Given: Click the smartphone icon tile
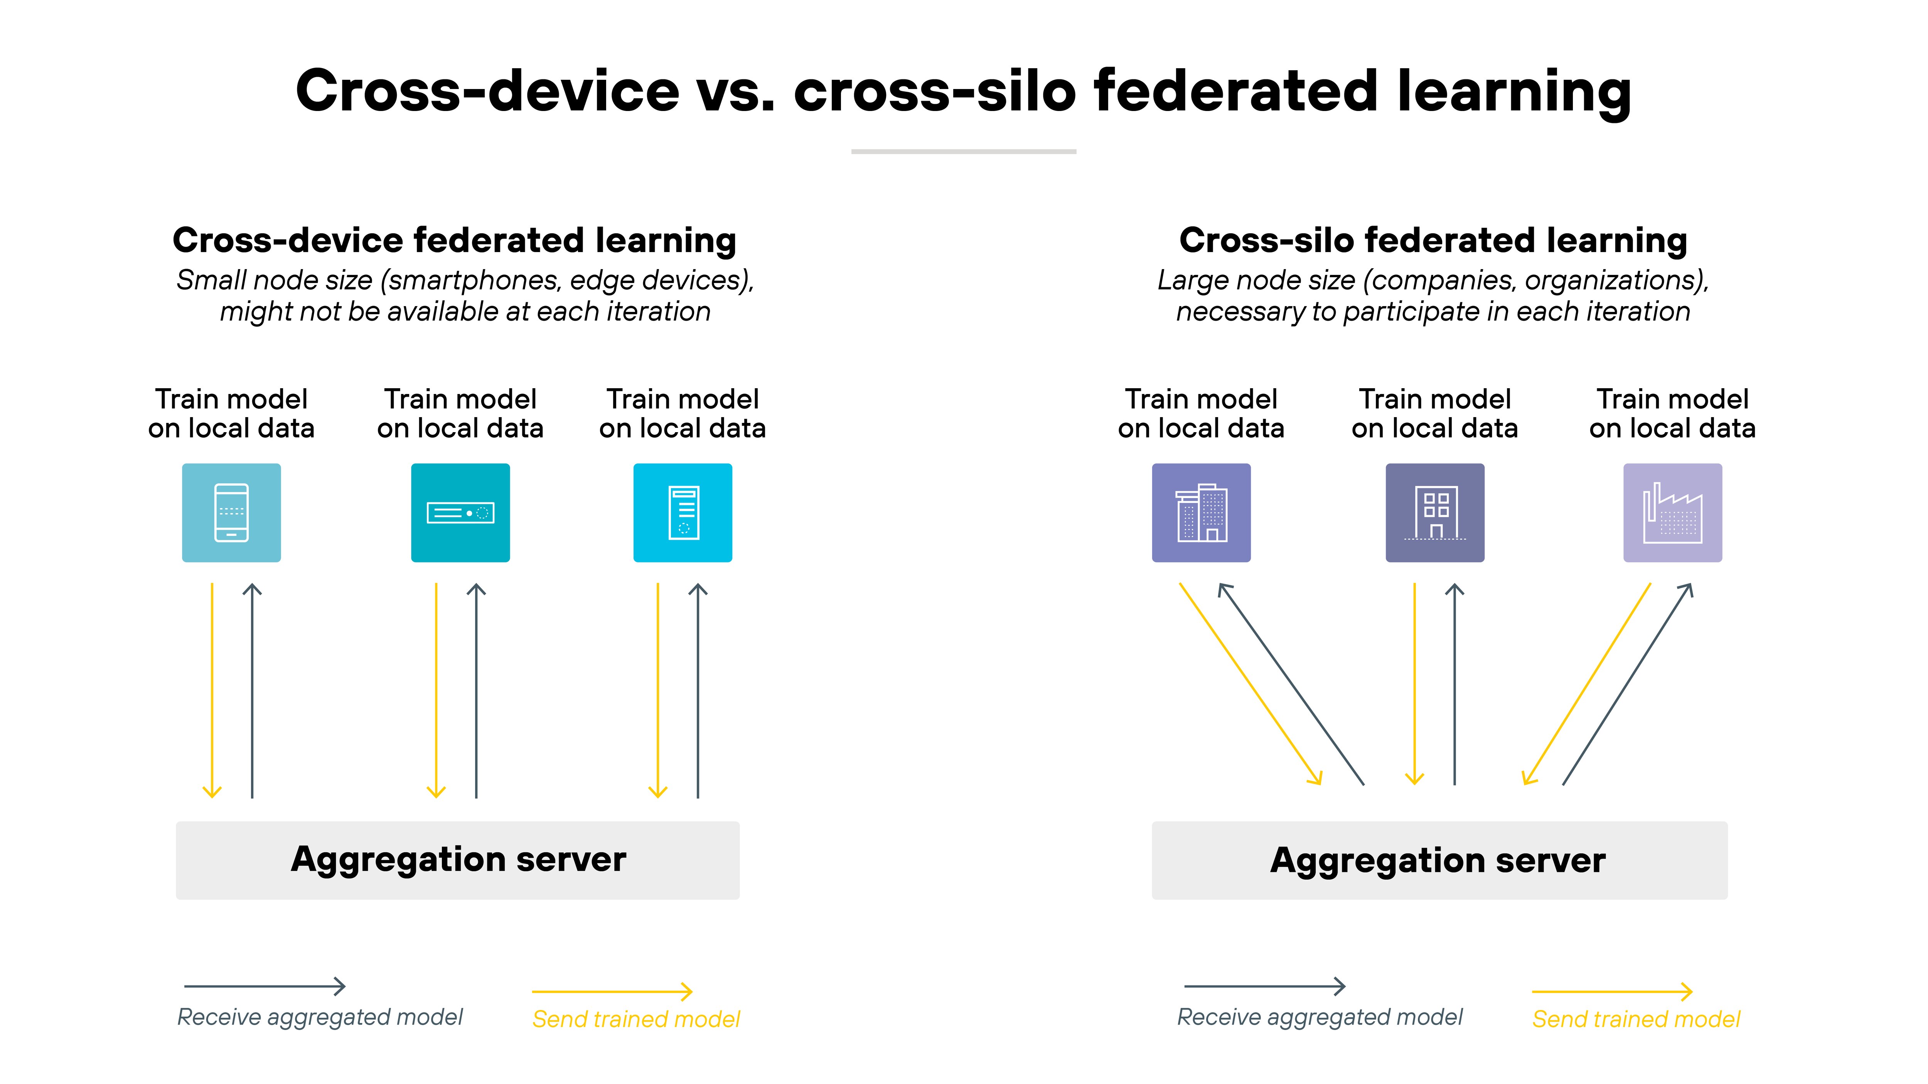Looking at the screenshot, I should pos(231,512).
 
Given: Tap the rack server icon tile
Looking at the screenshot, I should pos(460,512).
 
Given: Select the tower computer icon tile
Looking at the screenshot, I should pos(683,512).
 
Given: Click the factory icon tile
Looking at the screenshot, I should pos(1672,512).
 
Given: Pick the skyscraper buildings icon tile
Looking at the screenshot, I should pos(1200,512).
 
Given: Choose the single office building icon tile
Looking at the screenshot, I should pos(1435,512).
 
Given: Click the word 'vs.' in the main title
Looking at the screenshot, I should pos(736,91).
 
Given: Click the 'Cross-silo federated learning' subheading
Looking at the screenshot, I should pos(1433,240).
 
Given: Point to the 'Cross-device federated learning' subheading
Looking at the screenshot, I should pos(454,240).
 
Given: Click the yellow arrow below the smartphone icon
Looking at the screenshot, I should pos(212,688).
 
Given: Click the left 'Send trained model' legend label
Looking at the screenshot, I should pos(635,1019).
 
